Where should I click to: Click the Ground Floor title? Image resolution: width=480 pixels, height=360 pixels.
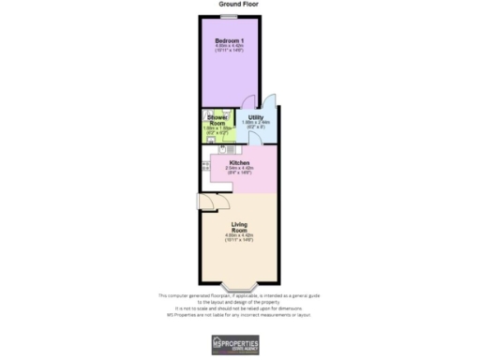[x=239, y=5]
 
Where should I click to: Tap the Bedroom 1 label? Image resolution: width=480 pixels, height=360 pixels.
[x=230, y=40]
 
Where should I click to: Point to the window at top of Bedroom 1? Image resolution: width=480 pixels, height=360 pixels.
[x=229, y=16]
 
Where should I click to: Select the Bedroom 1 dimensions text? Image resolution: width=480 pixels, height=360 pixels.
[x=230, y=49]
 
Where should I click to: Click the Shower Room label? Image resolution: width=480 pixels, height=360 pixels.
[x=217, y=120]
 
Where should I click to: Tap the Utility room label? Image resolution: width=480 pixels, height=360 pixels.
[x=255, y=117]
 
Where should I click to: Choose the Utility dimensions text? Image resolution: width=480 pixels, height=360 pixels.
[x=255, y=125]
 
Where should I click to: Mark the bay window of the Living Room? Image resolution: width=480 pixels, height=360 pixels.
[x=239, y=285]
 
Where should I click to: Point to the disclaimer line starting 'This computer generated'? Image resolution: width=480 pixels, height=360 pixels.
[x=239, y=294]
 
